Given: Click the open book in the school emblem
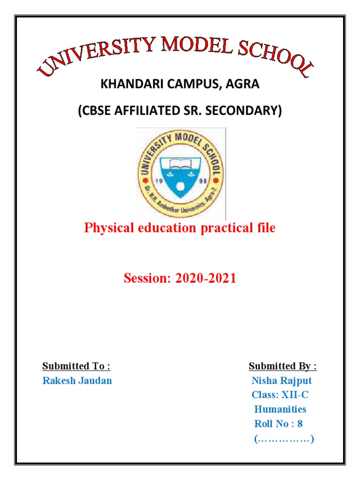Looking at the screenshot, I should pyautogui.click(x=180, y=165).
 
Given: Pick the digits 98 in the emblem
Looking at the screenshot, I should pyautogui.click(x=203, y=181).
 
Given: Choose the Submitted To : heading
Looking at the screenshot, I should pyautogui.click(x=76, y=366).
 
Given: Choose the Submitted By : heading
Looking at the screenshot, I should pyautogui.click(x=283, y=366).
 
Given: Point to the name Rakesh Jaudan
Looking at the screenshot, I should pyautogui.click(x=77, y=381).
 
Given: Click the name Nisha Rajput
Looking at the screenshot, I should pyautogui.click(x=282, y=381).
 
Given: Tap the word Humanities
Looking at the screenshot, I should pyautogui.click(x=280, y=409).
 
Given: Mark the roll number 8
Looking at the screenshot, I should pyautogui.click(x=300, y=424).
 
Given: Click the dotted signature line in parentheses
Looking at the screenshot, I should pyautogui.click(x=284, y=439).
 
